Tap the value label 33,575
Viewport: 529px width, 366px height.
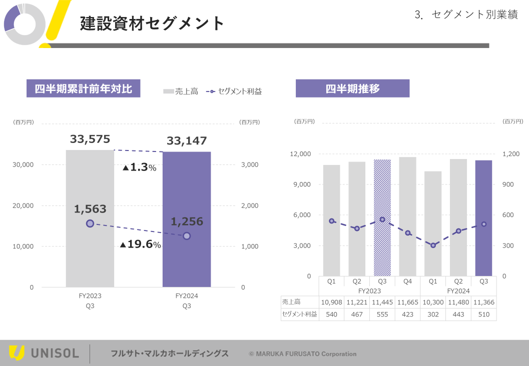[x=90, y=139]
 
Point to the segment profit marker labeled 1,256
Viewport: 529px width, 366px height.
[x=187, y=235]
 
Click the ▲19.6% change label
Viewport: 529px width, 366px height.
[x=141, y=244]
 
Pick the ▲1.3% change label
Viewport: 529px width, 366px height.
[x=140, y=167]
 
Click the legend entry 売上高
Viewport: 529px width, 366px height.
[x=181, y=91]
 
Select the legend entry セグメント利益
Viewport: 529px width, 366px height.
[x=234, y=91]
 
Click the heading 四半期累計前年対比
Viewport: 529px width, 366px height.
[x=83, y=88]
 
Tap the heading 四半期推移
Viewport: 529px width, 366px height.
[x=352, y=88]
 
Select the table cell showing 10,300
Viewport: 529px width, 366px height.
[x=433, y=302]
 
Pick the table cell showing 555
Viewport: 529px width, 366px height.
[x=382, y=314]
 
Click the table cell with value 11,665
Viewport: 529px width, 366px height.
[x=407, y=302]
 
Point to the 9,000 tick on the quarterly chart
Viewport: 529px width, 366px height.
[x=301, y=184]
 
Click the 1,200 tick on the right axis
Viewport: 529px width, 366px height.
[x=511, y=154]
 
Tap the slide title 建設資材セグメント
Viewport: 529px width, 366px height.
[x=152, y=23]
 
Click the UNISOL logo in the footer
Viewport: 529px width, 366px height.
[x=44, y=353]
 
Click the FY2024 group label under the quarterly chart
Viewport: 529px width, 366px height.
[x=458, y=291]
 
